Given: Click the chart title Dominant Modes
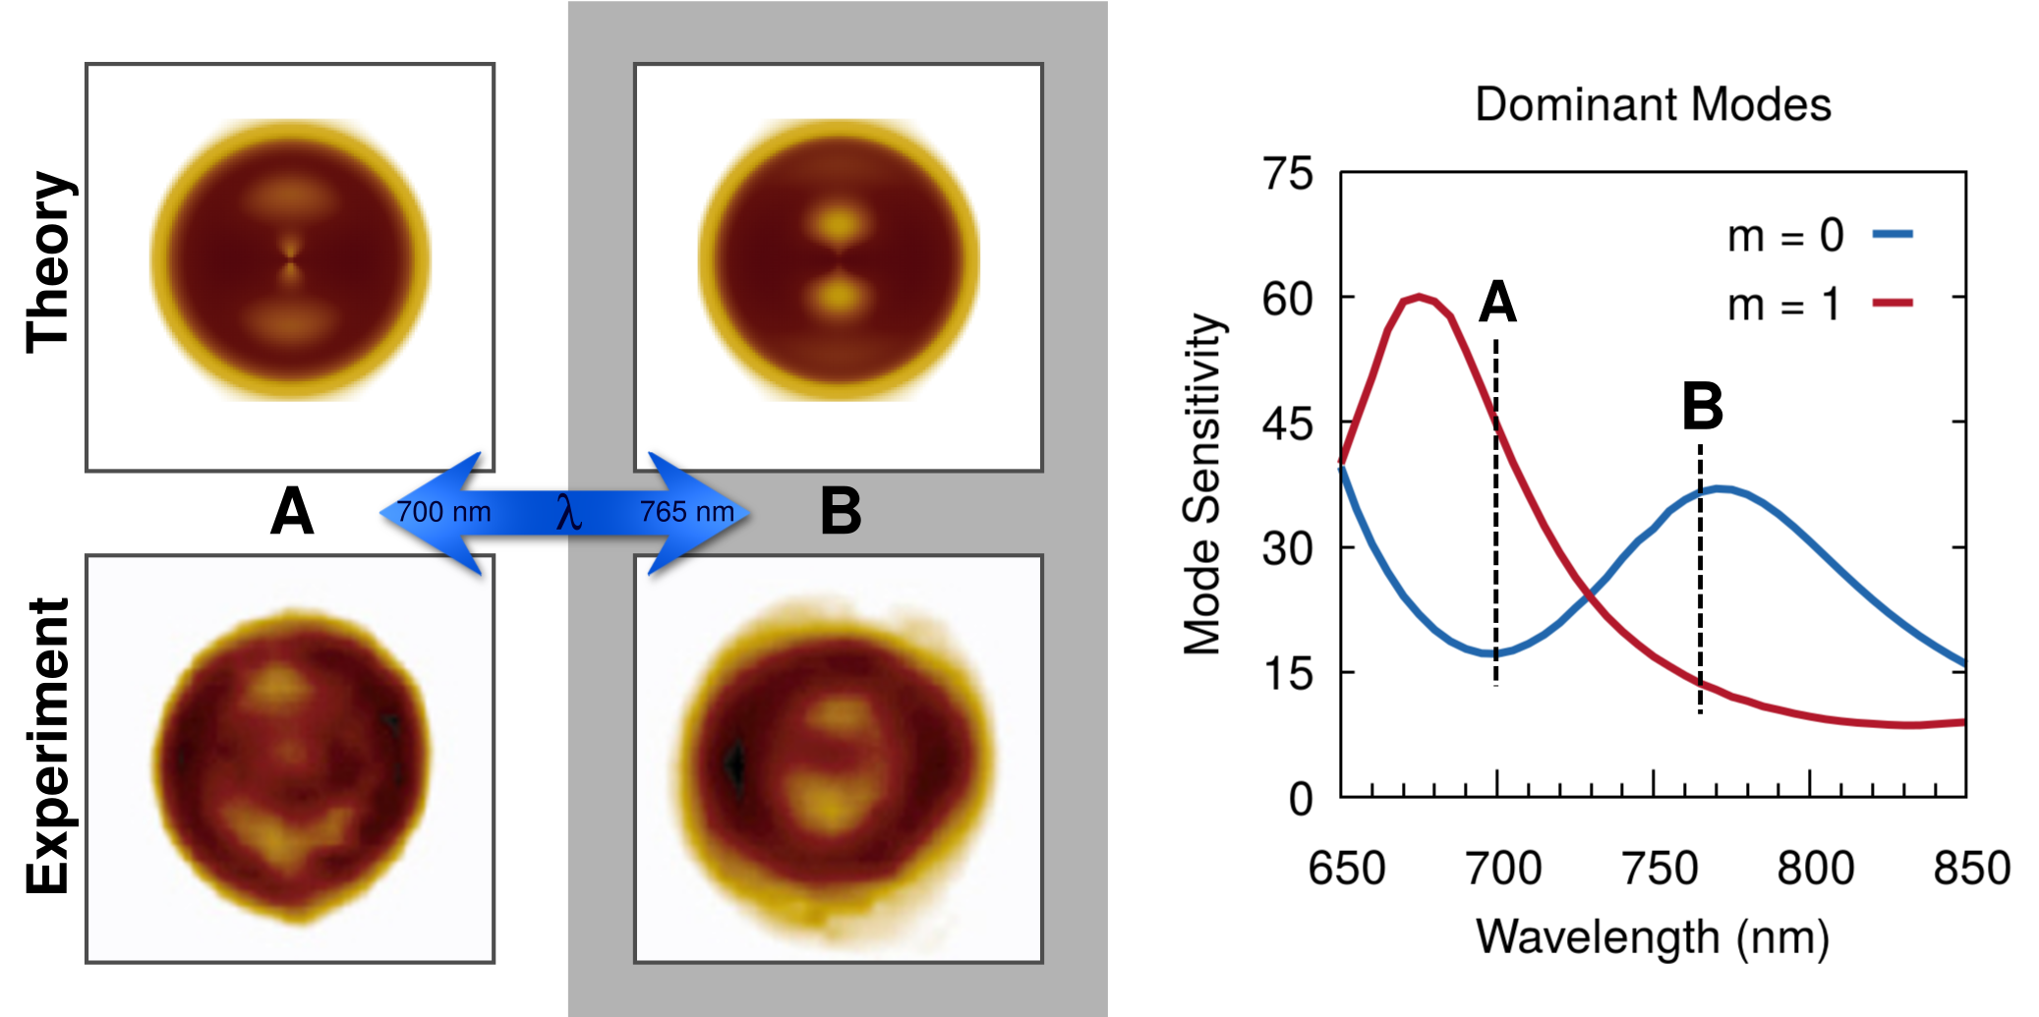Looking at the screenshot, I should (1653, 104).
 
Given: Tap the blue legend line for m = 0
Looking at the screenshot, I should (1893, 234).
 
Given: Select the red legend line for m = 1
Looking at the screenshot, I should (1893, 303).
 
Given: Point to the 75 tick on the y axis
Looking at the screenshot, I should (1288, 174).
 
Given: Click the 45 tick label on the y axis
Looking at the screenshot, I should (1288, 424).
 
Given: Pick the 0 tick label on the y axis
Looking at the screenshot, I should (1301, 799).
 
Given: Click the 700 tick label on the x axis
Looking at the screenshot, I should (1502, 868).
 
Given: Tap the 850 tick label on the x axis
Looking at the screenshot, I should (1971, 868).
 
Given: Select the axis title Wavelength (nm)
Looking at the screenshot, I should (1653, 936).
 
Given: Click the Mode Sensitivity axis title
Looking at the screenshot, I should (1202, 483).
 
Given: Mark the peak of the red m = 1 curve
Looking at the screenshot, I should (1419, 296).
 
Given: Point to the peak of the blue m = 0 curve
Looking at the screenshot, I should (1719, 487).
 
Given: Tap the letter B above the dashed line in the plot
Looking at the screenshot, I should (1702, 406).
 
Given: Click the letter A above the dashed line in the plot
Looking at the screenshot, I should (1497, 302).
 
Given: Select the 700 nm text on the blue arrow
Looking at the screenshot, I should (443, 512).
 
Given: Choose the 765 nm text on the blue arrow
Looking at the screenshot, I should (687, 512).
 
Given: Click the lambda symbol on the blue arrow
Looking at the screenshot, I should (568, 512).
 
